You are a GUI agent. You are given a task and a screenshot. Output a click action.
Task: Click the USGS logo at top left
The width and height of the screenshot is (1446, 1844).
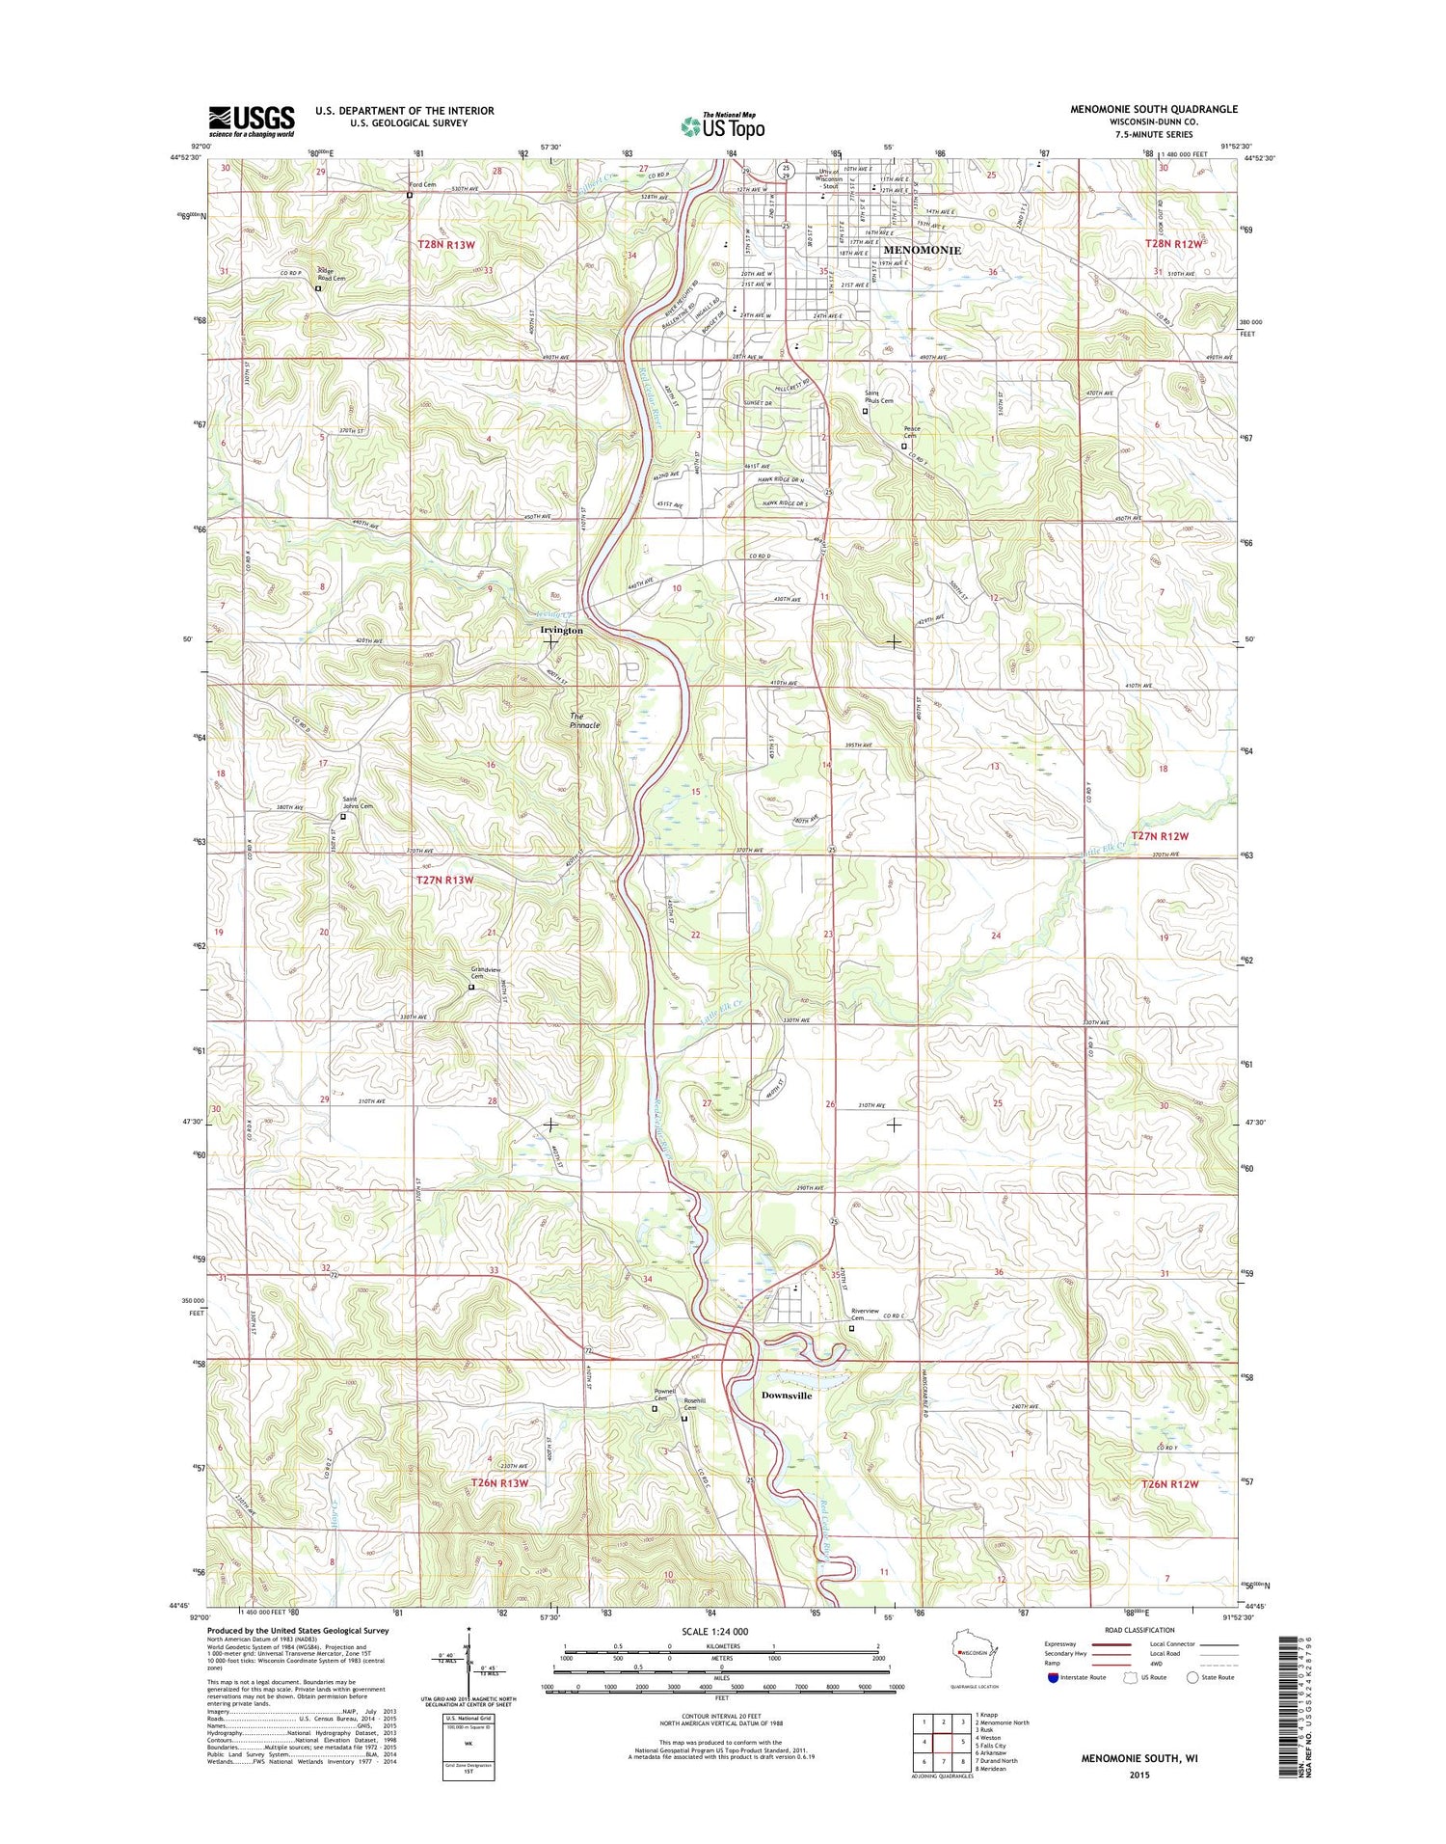(252, 122)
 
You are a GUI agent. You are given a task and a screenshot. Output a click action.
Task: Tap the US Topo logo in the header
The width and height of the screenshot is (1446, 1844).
(723, 125)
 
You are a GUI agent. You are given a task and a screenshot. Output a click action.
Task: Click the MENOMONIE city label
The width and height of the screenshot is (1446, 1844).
(922, 250)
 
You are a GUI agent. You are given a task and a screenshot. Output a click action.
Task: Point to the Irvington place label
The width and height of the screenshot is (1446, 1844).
(561, 630)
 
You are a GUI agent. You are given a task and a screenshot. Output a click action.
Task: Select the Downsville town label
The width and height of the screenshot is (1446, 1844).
(787, 1396)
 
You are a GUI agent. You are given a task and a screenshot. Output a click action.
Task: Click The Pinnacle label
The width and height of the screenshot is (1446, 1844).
(584, 720)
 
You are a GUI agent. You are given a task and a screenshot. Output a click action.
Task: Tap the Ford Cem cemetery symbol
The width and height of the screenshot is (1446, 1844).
(410, 194)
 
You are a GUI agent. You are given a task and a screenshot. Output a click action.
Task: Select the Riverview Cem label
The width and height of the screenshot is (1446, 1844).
(865, 1315)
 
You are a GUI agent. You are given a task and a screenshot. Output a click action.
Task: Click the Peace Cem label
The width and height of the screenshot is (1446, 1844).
(911, 432)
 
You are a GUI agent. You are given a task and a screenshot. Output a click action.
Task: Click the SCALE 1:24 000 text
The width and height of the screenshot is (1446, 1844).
(722, 1633)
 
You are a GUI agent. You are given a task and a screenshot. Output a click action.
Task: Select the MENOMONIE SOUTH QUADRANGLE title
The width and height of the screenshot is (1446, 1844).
(1153, 109)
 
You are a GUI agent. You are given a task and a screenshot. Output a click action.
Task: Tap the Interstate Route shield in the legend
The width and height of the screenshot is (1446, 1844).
(1054, 1677)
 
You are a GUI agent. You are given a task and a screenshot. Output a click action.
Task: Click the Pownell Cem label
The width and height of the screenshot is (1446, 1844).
(664, 1395)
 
